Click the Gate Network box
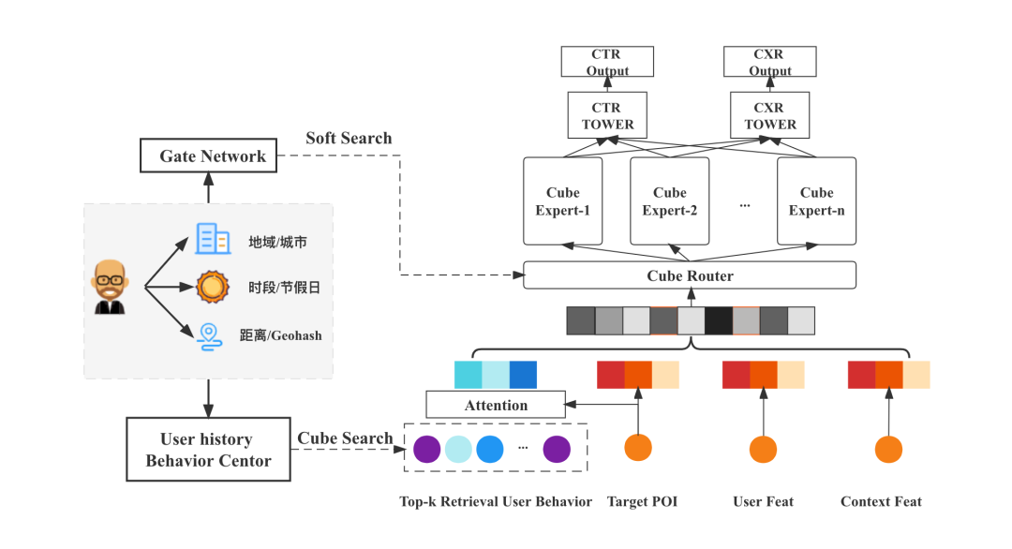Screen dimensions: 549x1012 click(208, 156)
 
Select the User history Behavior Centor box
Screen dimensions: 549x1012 click(208, 450)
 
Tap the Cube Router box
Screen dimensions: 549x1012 click(690, 275)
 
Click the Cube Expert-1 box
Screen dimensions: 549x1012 click(562, 201)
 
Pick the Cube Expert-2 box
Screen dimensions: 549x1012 click(669, 201)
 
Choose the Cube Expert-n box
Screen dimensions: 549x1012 click(816, 201)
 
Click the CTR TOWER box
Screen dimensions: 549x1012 click(607, 115)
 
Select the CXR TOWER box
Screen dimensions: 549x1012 click(769, 115)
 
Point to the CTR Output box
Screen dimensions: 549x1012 click(607, 62)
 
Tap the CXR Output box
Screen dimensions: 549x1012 click(770, 62)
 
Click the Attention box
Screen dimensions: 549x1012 click(496, 405)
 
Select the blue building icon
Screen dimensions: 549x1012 click(213, 239)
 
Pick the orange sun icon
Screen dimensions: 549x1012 click(213, 287)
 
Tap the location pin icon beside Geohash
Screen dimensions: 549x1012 click(210, 335)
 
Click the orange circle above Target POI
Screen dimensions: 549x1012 click(638, 449)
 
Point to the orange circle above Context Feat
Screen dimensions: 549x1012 click(888, 449)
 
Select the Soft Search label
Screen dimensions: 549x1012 click(349, 139)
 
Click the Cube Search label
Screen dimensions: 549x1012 click(345, 438)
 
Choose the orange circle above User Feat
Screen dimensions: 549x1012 click(763, 449)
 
